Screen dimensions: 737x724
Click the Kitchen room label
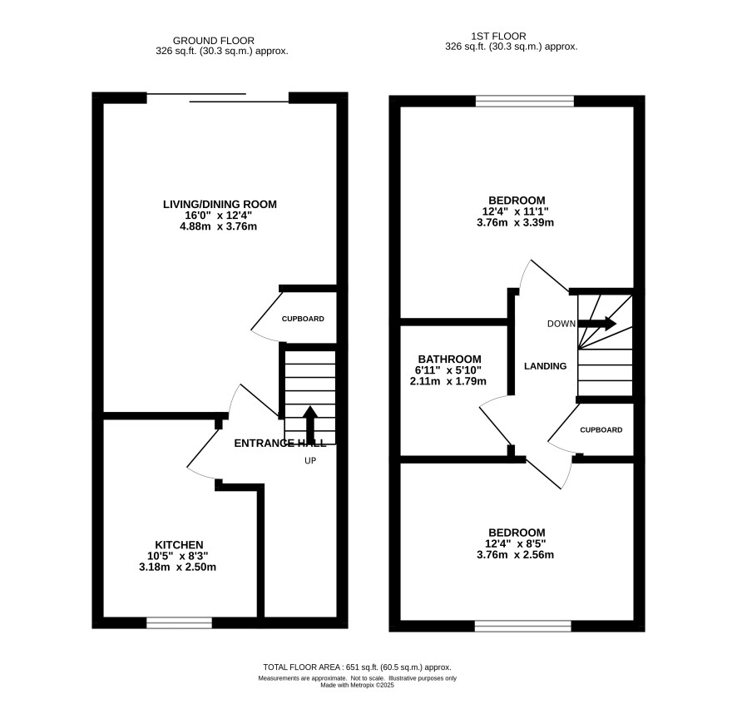(179, 545)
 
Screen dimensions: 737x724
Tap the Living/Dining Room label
(220, 204)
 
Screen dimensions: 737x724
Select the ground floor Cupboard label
(303, 319)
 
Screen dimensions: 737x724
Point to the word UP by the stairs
(310, 461)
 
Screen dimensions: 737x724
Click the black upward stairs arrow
(309, 423)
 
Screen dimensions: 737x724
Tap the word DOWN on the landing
(561, 324)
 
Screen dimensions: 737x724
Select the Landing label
(545, 366)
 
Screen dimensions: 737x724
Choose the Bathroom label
(449, 360)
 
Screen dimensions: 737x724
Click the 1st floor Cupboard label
(601, 429)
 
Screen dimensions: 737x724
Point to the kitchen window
(179, 622)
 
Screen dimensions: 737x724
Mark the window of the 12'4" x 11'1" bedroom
(525, 101)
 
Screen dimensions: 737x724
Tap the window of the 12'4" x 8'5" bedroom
(522, 626)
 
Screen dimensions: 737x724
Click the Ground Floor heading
(214, 41)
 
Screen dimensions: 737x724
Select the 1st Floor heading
(499, 37)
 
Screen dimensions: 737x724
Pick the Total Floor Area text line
(357, 667)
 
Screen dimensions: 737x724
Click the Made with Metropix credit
(357, 685)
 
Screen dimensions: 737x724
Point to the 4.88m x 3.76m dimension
(218, 226)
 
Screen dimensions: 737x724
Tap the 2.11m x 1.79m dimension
(448, 381)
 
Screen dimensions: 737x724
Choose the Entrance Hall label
(280, 444)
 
